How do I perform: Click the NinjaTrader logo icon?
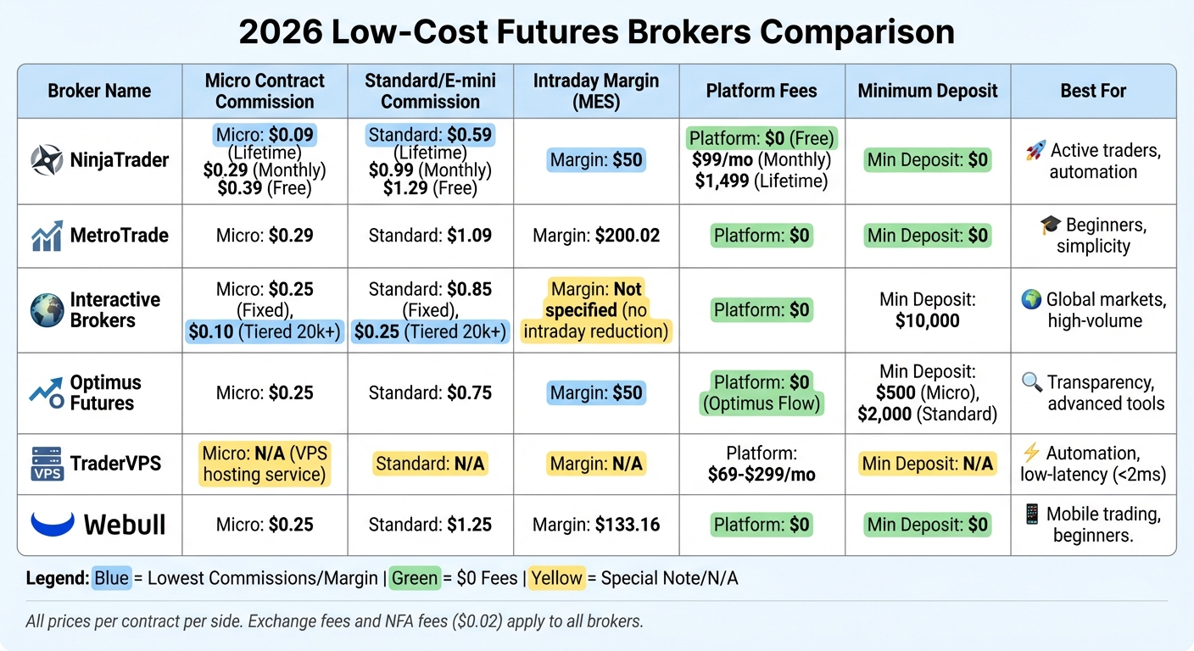tap(46, 160)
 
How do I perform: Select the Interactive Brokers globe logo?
tap(47, 310)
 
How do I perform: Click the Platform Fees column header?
tap(762, 91)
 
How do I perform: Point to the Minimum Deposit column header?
tap(928, 91)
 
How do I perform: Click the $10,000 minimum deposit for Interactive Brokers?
tap(928, 321)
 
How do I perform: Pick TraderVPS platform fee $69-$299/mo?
tap(762, 475)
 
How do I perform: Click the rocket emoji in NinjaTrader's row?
tap(1034, 151)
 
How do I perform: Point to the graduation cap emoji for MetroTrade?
tap(1050, 225)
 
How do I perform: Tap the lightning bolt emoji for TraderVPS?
tap(1031, 453)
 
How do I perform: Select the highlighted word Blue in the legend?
tap(112, 579)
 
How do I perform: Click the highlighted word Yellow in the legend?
tap(556, 579)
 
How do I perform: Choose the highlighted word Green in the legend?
tap(415, 579)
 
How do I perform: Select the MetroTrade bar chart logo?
tap(47, 235)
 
